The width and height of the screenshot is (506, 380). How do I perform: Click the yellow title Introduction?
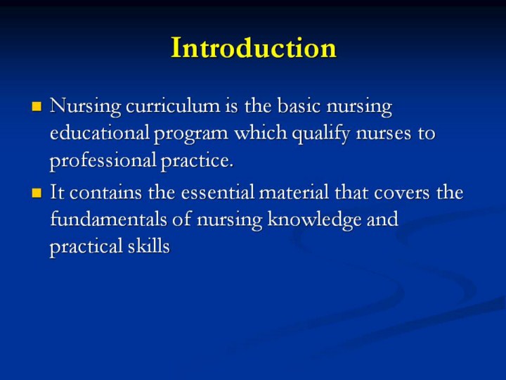pyautogui.click(x=254, y=48)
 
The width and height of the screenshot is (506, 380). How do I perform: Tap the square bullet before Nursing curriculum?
pyautogui.click(x=37, y=106)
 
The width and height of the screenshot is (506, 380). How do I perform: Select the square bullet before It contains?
pyautogui.click(x=37, y=193)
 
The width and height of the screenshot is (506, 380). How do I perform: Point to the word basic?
pyautogui.click(x=299, y=106)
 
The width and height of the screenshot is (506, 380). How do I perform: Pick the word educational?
pyautogui.click(x=100, y=132)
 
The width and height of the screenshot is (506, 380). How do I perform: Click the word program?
pyautogui.click(x=191, y=134)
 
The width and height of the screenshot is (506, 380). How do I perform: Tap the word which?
pyautogui.click(x=261, y=132)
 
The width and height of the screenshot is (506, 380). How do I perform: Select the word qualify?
pyautogui.click(x=320, y=134)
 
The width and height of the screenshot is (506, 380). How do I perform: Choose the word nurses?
pyautogui.click(x=384, y=134)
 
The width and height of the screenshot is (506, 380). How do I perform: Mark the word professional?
pyautogui.click(x=103, y=161)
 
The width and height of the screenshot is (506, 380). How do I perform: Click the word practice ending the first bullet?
pyautogui.click(x=197, y=161)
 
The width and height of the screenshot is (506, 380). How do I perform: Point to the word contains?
pyautogui.click(x=105, y=193)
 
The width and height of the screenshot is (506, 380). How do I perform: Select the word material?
pyautogui.click(x=294, y=192)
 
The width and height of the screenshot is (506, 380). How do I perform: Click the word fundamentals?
pyautogui.click(x=109, y=219)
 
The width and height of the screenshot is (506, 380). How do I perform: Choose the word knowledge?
pyautogui.click(x=314, y=220)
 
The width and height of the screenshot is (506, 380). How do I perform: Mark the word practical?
pyautogui.click(x=86, y=247)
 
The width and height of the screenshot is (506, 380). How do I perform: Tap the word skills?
pyautogui.click(x=149, y=246)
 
